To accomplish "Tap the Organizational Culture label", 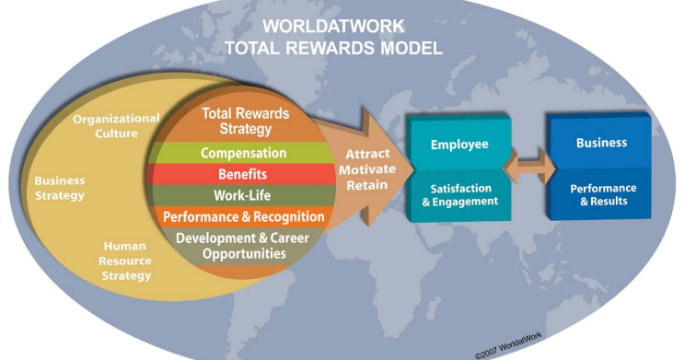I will click(117, 125).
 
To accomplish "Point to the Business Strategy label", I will click(60, 188).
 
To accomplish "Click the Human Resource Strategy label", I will click(126, 260).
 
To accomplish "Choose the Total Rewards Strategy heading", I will click(244, 121).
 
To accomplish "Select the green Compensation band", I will click(244, 153).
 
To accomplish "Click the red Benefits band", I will click(244, 174).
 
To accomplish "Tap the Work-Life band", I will click(244, 195).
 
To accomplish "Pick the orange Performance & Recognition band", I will click(244, 217).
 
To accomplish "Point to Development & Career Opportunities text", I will click(244, 246).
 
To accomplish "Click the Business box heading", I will click(601, 143).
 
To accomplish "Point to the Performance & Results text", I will click(601, 194).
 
